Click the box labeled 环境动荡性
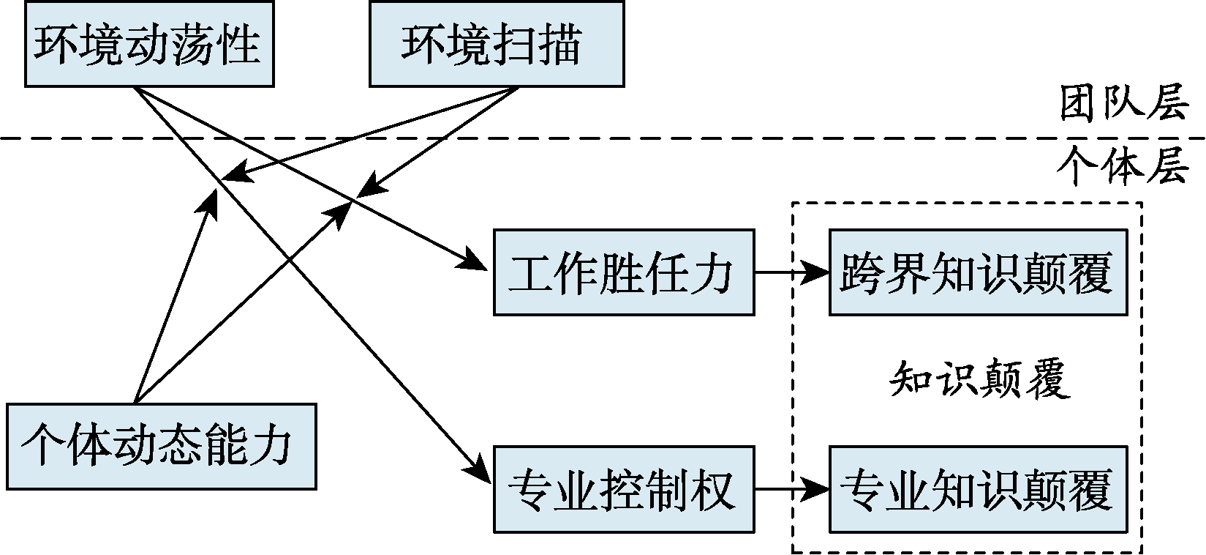(x=148, y=45)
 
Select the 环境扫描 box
(x=497, y=45)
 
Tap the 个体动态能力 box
(x=162, y=446)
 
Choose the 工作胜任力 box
(x=623, y=272)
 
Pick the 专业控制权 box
(x=623, y=488)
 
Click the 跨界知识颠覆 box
(x=978, y=272)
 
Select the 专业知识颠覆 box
(x=978, y=488)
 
